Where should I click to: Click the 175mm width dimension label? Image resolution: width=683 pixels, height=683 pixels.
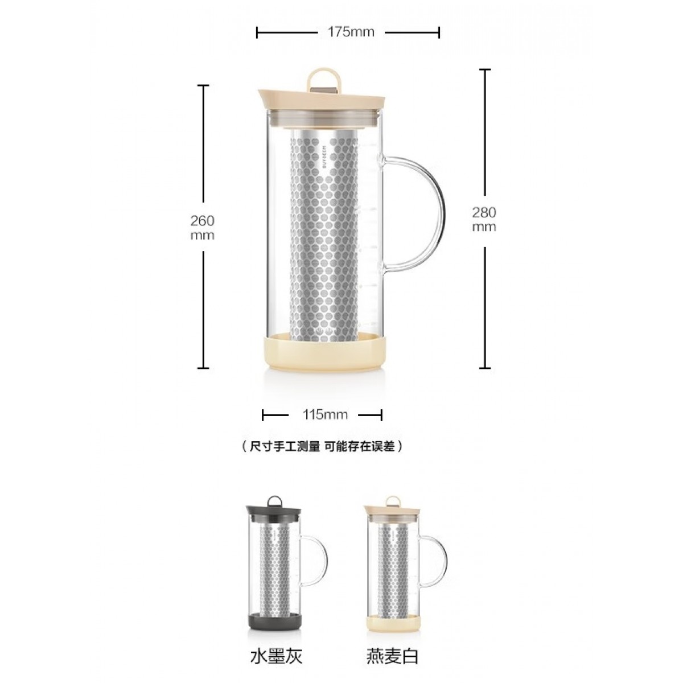click(x=351, y=32)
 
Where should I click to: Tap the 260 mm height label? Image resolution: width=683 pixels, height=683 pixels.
click(x=203, y=228)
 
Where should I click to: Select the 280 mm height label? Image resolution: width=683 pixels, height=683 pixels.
click(x=484, y=219)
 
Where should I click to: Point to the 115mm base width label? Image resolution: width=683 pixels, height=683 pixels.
click(x=326, y=414)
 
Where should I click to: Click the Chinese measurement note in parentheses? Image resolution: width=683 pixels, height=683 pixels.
click(x=322, y=446)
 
